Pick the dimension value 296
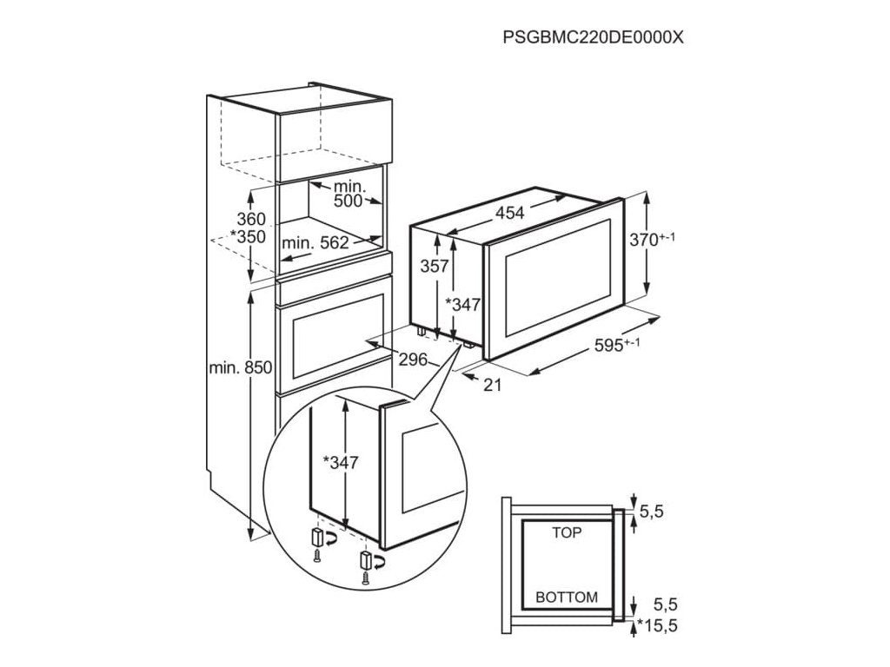(414, 358)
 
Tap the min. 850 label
(241, 368)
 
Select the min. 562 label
(315, 243)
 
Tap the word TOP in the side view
(568, 533)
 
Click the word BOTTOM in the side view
(567, 598)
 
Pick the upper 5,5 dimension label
(651, 513)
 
